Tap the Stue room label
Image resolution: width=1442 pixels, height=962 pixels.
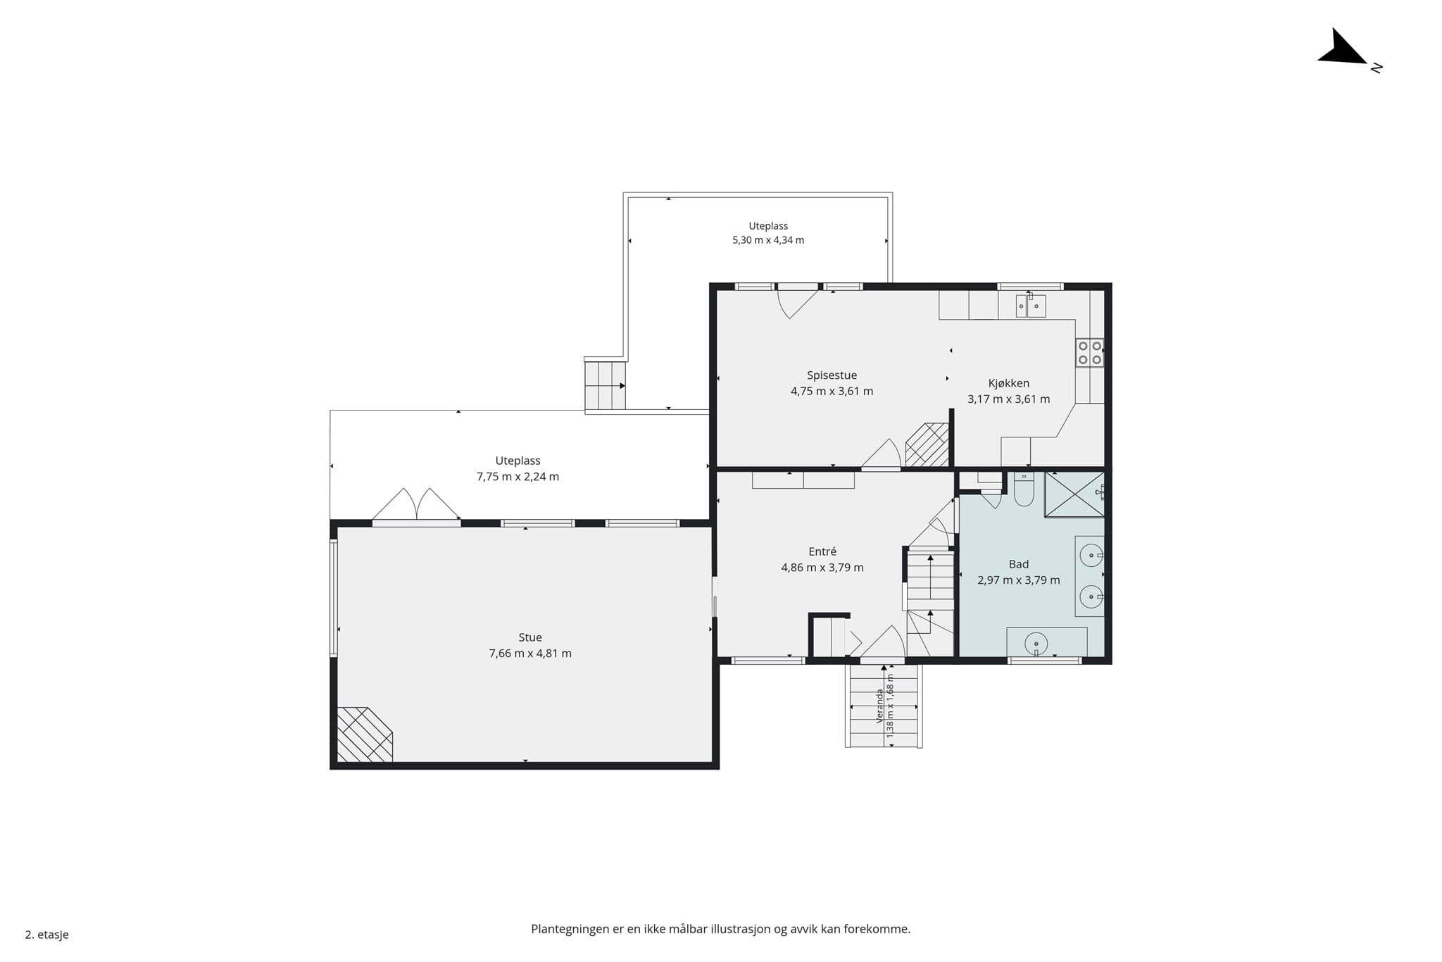[530, 637]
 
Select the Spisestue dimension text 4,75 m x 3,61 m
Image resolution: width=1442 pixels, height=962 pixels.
[832, 392]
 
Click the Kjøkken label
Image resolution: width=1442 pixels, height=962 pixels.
[1008, 383]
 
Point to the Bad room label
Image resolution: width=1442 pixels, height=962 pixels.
[1018, 564]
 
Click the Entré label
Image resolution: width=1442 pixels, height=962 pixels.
[822, 551]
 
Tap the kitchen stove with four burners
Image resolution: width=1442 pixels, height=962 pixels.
[1089, 353]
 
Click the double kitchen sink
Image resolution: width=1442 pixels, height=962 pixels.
[1031, 306]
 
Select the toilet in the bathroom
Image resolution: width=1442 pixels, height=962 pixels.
[1024, 489]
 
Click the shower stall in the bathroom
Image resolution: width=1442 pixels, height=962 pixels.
[1074, 494]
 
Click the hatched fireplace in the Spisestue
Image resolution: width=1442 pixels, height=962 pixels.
[927, 444]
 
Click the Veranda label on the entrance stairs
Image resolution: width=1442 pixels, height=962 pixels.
[879, 706]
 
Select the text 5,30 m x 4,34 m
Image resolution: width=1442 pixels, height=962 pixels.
[768, 240]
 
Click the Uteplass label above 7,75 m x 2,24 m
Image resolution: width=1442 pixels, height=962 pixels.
[518, 461]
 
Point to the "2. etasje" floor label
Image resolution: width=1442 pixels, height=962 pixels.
[47, 935]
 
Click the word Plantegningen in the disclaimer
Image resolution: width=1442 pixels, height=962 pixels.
[570, 930]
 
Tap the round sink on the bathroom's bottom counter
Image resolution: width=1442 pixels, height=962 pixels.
[1036, 643]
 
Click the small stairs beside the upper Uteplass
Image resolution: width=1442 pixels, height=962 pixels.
[605, 385]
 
